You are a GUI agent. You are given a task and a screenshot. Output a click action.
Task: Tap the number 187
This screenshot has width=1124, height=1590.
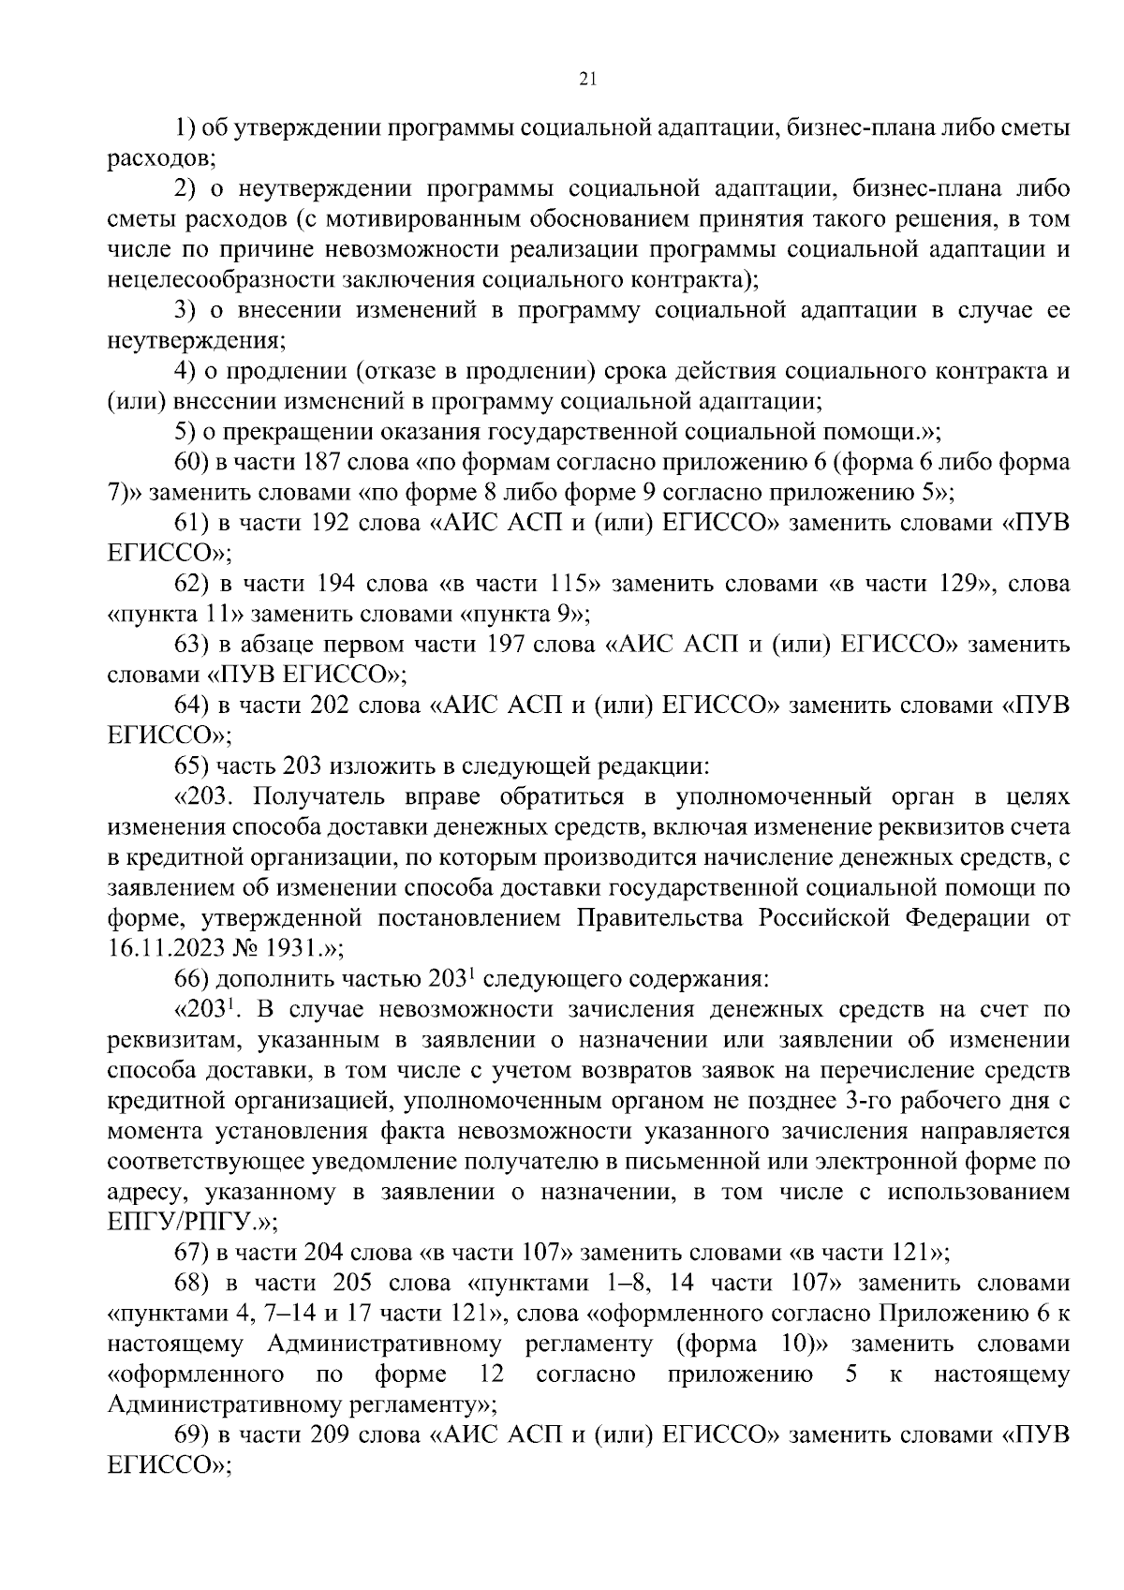tap(332, 463)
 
